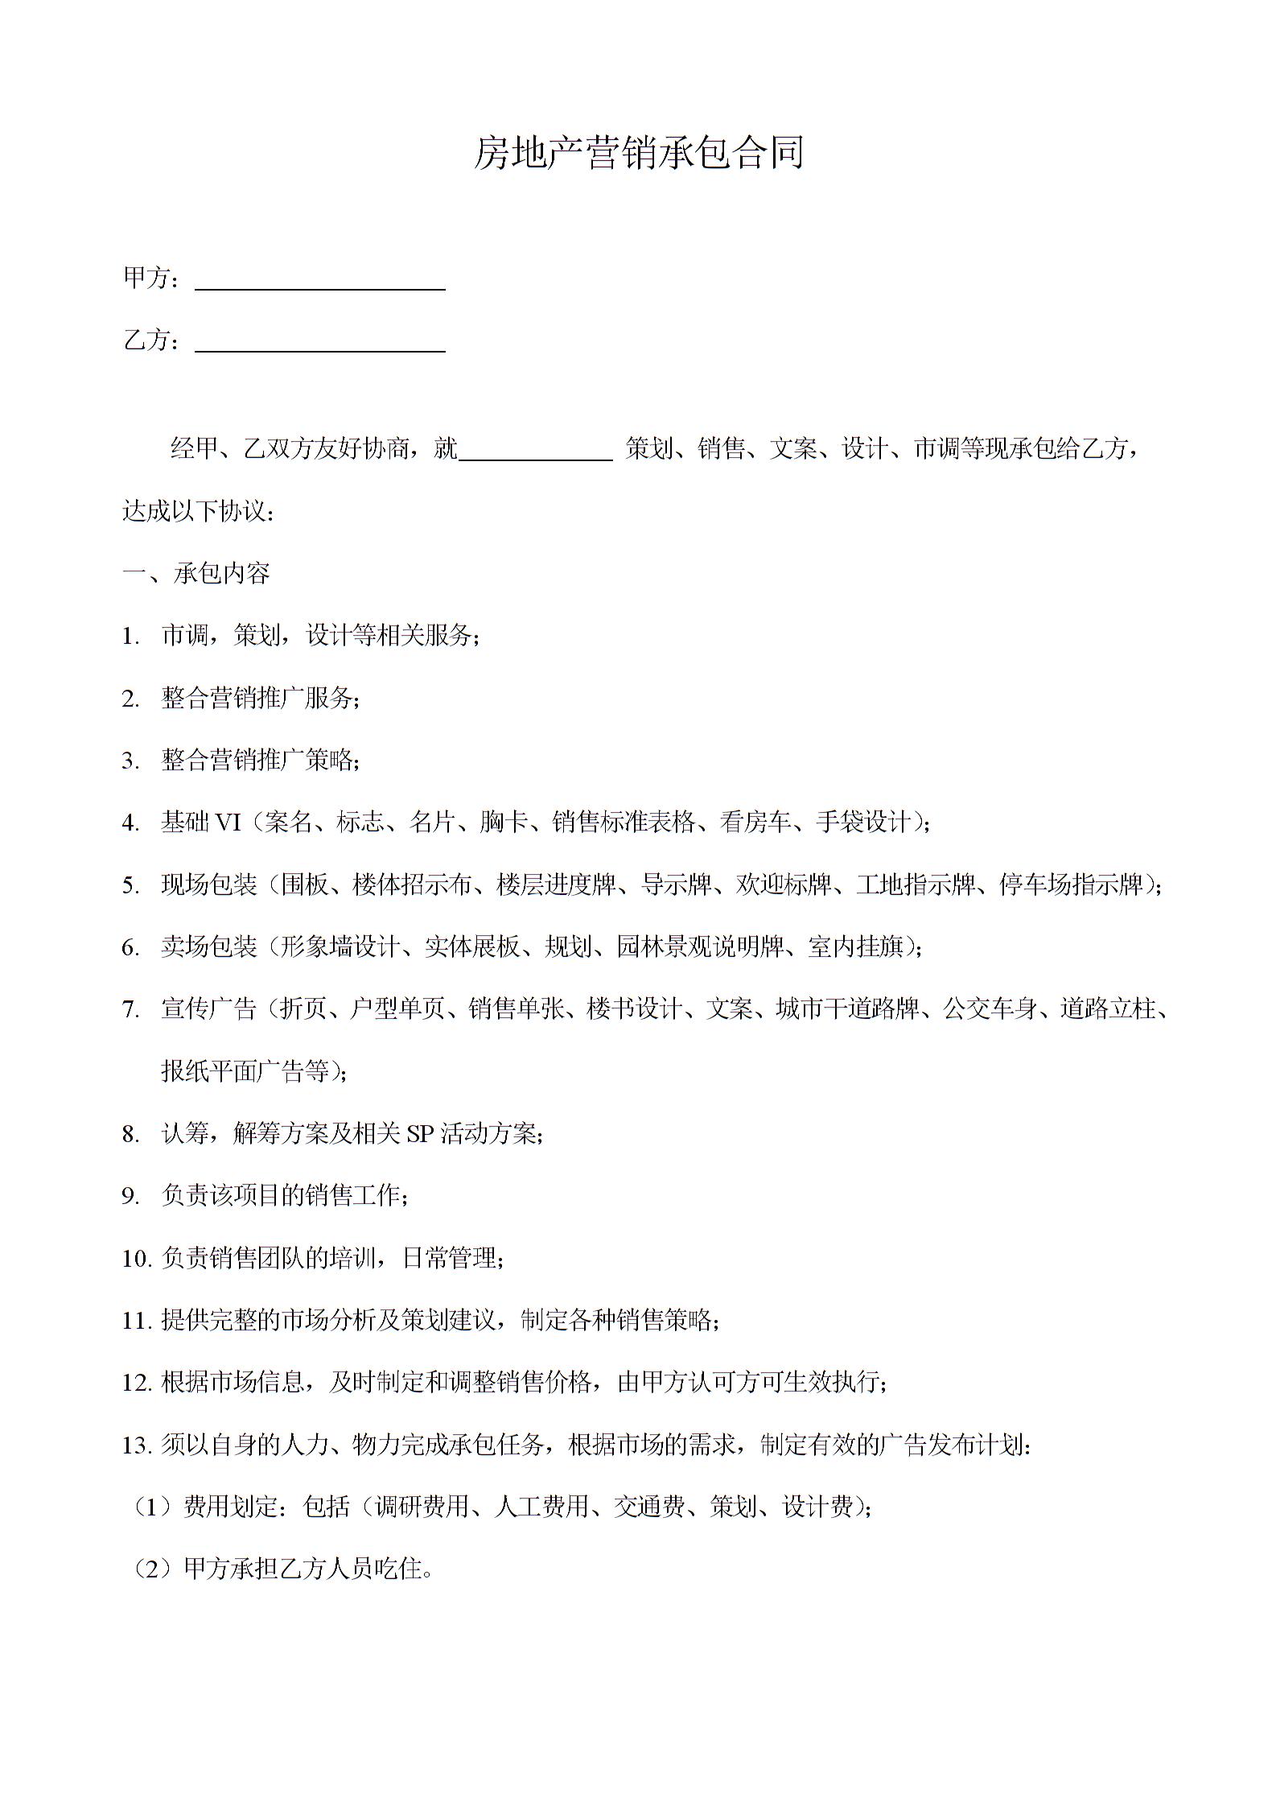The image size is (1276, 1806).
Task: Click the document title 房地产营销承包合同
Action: [638, 153]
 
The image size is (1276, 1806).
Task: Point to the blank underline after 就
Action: [535, 456]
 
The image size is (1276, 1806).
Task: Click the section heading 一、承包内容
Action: [196, 573]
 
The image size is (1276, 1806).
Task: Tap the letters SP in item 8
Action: [420, 1134]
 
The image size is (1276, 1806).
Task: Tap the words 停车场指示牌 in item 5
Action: [1070, 884]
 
